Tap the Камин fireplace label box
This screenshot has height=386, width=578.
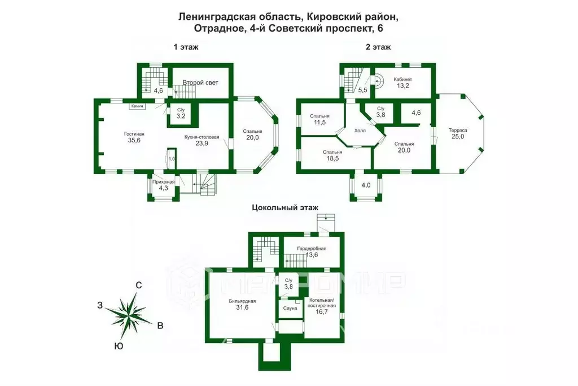coord(138,106)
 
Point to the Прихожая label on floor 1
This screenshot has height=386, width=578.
coord(163,181)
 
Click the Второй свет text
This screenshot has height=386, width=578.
coord(200,83)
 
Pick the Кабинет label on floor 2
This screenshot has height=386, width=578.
coord(403,79)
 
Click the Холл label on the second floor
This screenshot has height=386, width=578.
coord(360,130)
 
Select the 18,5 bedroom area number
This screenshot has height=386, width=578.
coord(332,160)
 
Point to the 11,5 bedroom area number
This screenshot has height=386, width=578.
coord(319,123)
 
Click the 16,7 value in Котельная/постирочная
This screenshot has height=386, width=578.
coord(322,311)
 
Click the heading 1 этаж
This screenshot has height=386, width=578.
coord(186,47)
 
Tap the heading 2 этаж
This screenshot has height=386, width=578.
coord(378,47)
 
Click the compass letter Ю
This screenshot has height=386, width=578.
coord(118,346)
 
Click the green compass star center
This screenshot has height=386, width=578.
coord(129,314)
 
